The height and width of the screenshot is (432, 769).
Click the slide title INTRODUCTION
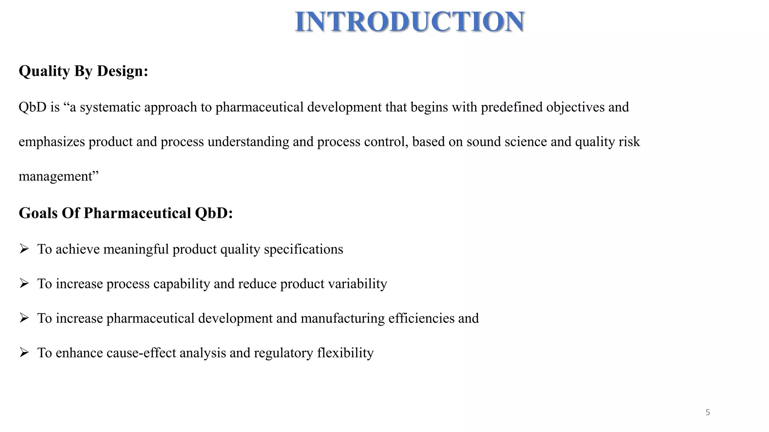click(x=410, y=22)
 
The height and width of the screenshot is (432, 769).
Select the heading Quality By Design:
click(x=83, y=71)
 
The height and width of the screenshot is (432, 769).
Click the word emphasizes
click(x=52, y=142)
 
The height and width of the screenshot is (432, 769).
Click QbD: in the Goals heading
click(x=214, y=213)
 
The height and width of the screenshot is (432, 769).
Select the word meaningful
click(x=136, y=249)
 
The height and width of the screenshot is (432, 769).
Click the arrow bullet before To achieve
click(x=24, y=249)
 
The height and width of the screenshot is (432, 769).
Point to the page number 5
click(x=708, y=412)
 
